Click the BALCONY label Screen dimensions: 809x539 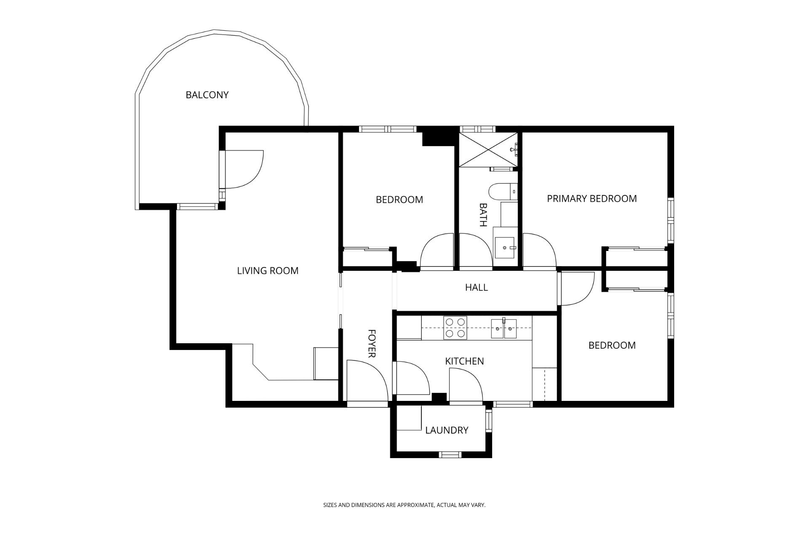(x=207, y=95)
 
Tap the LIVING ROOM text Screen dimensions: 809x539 (x=268, y=271)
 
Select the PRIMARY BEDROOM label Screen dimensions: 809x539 (x=592, y=199)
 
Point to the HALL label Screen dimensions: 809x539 (x=477, y=288)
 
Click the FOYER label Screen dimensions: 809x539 (x=372, y=344)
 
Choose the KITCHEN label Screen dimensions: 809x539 (x=464, y=361)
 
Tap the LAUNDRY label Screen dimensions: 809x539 (x=447, y=430)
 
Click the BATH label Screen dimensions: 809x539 (x=483, y=215)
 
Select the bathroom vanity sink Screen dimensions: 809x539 (x=505, y=248)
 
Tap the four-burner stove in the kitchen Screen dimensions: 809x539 (x=455, y=328)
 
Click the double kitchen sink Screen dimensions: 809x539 (x=504, y=328)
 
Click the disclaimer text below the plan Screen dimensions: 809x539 (x=404, y=504)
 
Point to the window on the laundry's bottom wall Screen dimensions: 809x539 (x=451, y=454)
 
